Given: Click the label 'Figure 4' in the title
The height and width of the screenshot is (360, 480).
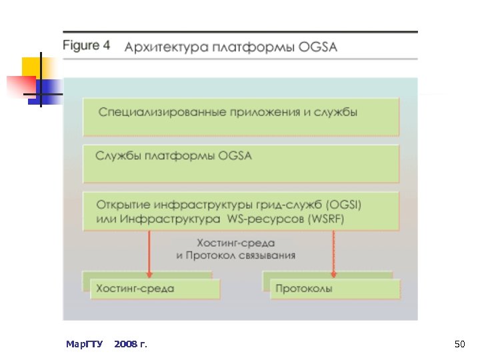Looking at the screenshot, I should pos(87,47).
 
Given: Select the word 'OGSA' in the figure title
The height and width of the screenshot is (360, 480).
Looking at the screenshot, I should pos(319,47).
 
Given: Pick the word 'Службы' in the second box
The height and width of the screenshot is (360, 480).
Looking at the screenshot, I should pos(117,157).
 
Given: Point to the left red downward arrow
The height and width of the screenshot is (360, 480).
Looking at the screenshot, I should pos(149,253).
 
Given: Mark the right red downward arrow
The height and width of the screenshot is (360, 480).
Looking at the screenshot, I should pos(332,253).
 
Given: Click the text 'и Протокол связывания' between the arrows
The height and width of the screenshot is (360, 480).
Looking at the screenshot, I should pos(236,255).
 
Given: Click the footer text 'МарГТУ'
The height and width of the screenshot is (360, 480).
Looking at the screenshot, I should pos(85,344).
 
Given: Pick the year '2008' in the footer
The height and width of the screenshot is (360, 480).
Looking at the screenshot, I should pos(126,344).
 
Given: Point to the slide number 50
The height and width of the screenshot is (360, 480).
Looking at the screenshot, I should pos(459,344).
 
